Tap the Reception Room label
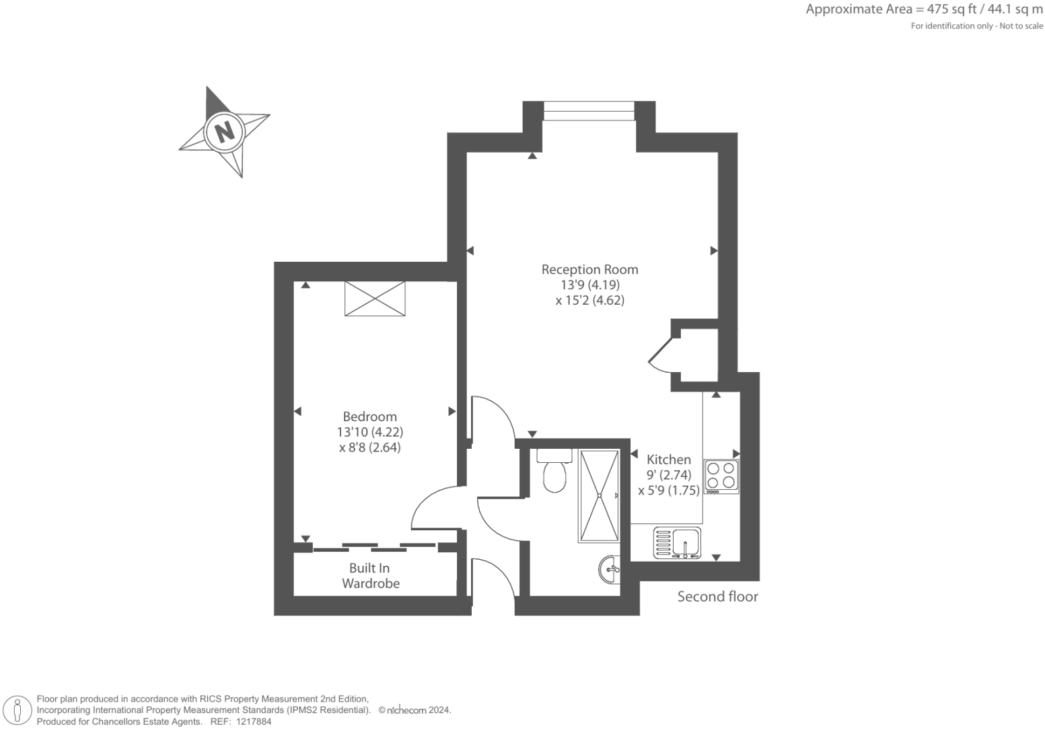589,269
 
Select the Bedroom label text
369,416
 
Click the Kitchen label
668,460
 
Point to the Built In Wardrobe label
370,576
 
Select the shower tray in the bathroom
598,496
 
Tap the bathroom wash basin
610,570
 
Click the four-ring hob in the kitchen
721,476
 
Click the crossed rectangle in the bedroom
375,298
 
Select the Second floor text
717,597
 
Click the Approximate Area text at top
924,9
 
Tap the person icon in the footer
18,710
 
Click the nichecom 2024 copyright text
415,710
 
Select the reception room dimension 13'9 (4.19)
589,285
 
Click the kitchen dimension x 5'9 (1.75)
669,490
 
